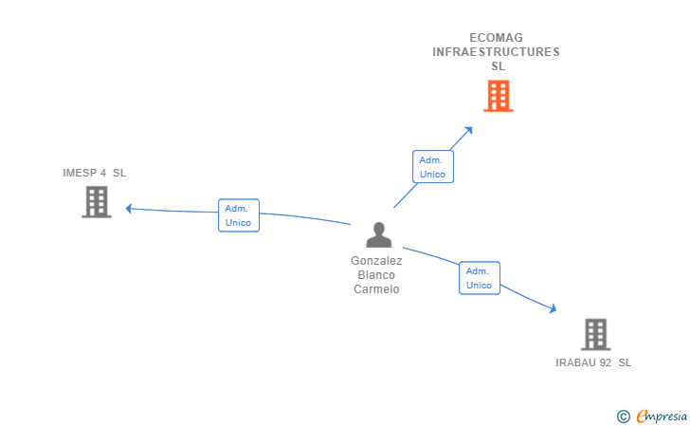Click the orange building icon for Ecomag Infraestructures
pos(499,96)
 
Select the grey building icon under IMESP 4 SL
pos(97,202)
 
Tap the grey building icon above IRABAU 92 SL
pos(595,334)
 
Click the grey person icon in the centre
pos(378,235)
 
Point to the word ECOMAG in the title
pos(497,38)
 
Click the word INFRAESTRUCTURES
pos(496,52)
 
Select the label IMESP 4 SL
pos(94,173)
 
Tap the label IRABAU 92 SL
pos(593,362)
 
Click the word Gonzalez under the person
pos(376,261)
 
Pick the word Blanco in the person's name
pos(376,275)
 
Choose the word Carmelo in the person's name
pos(376,289)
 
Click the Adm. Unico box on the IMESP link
pos(238,215)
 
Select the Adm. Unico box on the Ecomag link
pos(432,167)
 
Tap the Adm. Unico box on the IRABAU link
pos(479,278)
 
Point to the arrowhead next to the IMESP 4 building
pos(130,209)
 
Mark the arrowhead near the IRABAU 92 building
pos(552,307)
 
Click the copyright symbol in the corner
pos(623,416)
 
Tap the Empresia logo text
pos(662,416)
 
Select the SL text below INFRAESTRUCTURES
pos(498,66)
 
